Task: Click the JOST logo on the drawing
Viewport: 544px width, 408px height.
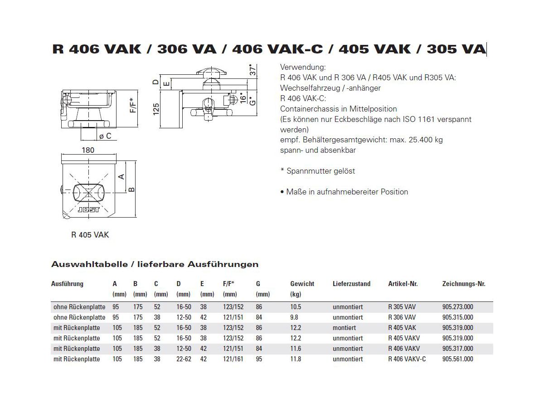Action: click(x=89, y=211)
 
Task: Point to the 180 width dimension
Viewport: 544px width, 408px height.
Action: click(x=88, y=150)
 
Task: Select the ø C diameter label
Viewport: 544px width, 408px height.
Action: click(x=105, y=136)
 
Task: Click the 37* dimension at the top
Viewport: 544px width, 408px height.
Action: click(x=253, y=70)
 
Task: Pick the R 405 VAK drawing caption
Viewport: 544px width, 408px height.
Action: click(x=90, y=235)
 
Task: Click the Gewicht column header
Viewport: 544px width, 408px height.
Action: click(x=302, y=284)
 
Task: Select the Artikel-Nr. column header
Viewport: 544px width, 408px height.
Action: click(x=403, y=284)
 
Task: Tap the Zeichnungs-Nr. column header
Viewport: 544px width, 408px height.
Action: click(x=463, y=284)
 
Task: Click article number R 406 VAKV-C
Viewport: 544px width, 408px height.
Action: click(x=407, y=359)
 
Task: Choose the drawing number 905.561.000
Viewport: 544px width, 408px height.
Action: click(x=457, y=359)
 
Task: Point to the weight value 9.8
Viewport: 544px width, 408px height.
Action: click(x=295, y=317)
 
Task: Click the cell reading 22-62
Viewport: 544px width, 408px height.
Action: click(x=184, y=359)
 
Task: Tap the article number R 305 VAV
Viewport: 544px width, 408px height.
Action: click(x=402, y=307)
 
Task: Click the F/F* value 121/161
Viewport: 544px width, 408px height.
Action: click(x=233, y=359)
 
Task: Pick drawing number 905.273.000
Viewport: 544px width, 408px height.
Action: click(x=457, y=307)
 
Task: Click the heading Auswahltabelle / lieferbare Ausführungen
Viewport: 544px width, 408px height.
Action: click(x=155, y=264)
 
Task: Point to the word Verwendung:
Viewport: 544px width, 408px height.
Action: click(x=303, y=67)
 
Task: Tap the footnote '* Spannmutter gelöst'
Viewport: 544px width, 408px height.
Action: click(x=317, y=171)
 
